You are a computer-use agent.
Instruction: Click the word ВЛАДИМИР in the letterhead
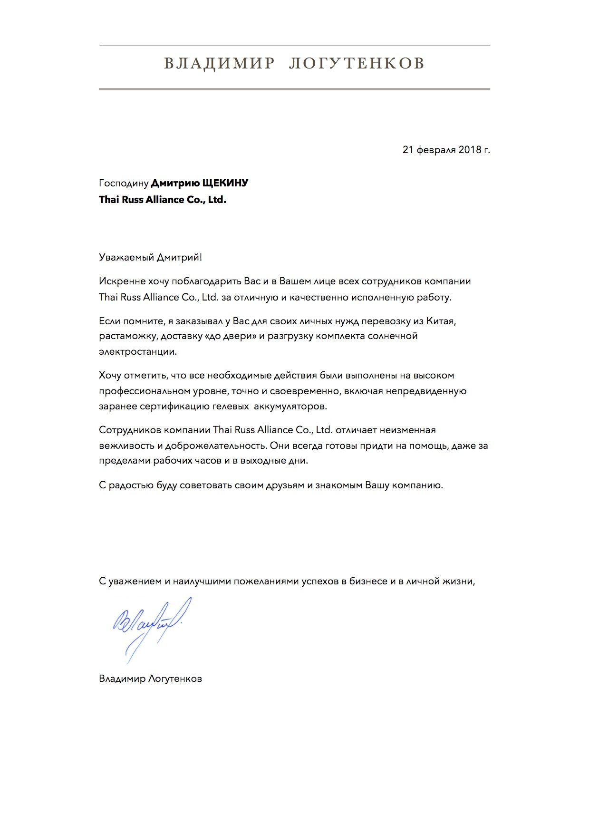(219, 63)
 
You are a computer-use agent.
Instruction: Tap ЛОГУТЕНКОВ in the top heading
(357, 63)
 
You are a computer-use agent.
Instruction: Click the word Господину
(124, 184)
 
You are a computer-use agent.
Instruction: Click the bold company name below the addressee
(163, 200)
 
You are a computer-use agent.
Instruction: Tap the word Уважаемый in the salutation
(125, 258)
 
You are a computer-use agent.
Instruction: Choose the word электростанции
(138, 352)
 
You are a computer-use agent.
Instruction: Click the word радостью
(131, 485)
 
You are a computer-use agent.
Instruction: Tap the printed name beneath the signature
(150, 679)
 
